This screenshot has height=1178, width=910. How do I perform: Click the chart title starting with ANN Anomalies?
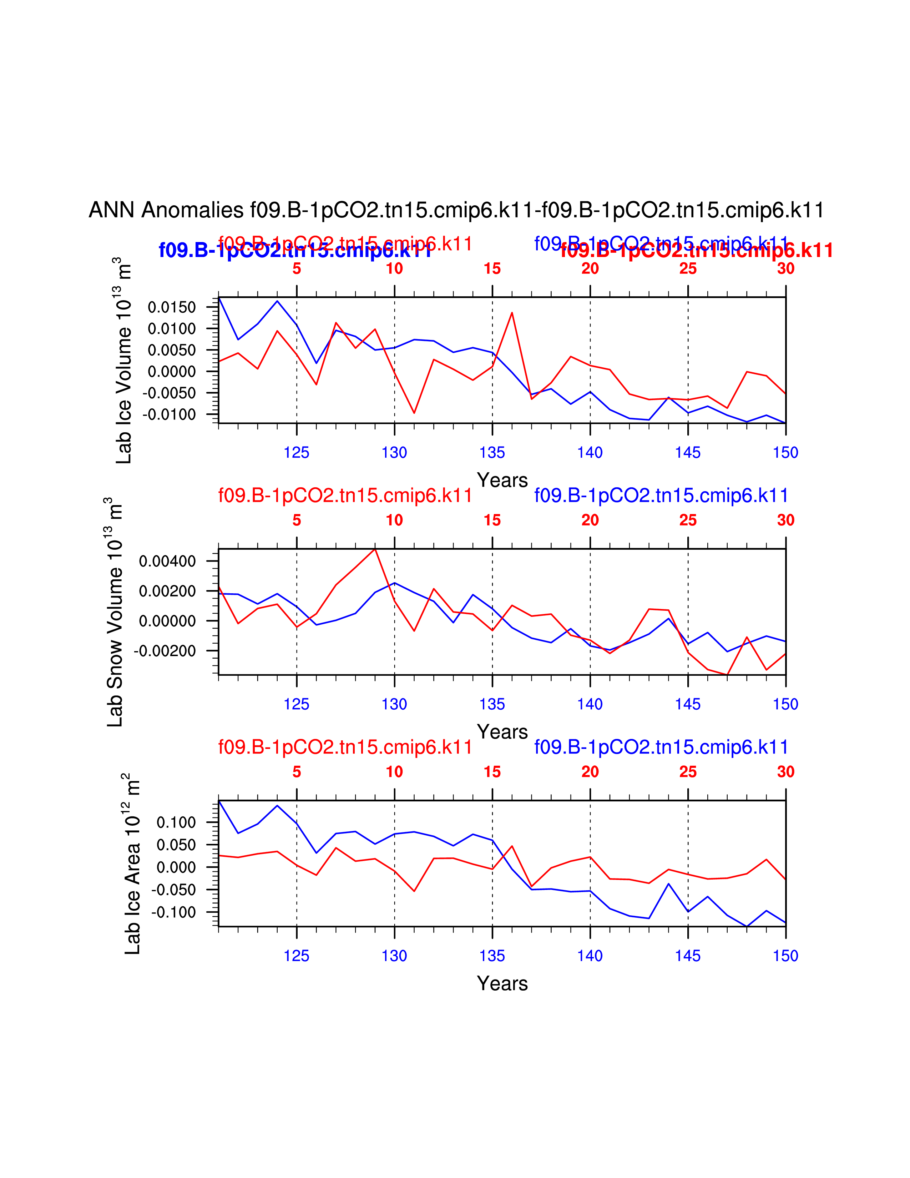tap(456, 210)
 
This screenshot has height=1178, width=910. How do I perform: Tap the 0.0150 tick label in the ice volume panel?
tap(171, 307)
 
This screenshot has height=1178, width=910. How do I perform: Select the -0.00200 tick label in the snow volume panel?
tap(165, 651)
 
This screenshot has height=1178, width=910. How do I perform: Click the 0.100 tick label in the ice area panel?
tap(176, 822)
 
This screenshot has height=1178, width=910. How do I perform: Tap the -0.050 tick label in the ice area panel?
tap(173, 890)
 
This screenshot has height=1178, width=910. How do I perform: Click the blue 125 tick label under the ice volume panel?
tap(297, 453)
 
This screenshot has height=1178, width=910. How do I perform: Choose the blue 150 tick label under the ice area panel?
tap(785, 956)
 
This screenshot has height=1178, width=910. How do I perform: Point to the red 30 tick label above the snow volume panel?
tap(785, 520)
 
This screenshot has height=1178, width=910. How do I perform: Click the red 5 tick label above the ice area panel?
tap(297, 772)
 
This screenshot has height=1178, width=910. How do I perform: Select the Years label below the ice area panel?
tap(502, 984)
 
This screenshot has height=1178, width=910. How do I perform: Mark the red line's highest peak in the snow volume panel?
tap(375, 549)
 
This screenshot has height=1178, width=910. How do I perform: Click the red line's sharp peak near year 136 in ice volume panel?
tap(512, 313)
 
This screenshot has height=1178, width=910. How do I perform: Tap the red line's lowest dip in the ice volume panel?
tap(414, 413)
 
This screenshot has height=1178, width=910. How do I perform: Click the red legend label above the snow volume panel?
tap(345, 495)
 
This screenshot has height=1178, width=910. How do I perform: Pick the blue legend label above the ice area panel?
tap(661, 747)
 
